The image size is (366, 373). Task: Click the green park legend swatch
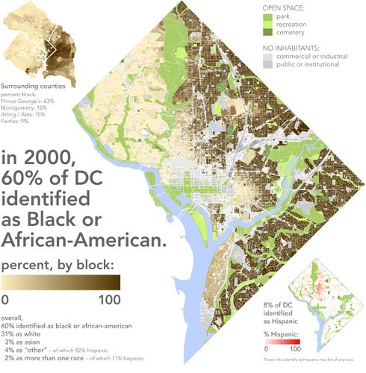[x=268, y=17]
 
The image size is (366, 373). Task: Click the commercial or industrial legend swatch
[x=268, y=56]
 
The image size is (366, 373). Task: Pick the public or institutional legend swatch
[x=268, y=65]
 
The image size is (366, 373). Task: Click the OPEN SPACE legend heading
[x=285, y=8]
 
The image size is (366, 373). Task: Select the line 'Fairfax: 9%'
[x=16, y=121]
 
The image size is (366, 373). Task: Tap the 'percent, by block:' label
[x=60, y=266]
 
